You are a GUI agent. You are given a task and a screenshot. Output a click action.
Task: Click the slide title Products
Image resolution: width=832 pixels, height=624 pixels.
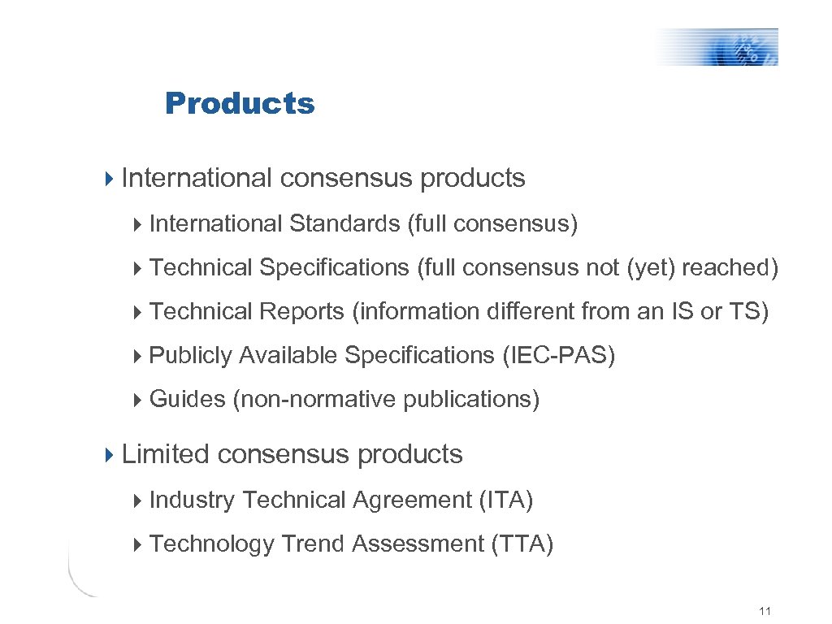tap(239, 104)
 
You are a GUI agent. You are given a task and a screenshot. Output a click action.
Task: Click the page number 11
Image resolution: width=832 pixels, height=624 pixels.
tap(764, 611)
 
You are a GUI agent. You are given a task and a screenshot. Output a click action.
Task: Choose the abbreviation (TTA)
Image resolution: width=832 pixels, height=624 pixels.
tap(522, 544)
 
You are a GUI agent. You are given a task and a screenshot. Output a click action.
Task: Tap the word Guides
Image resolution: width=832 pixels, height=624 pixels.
tap(188, 399)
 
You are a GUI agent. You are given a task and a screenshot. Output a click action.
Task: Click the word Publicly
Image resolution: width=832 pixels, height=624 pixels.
tap(191, 355)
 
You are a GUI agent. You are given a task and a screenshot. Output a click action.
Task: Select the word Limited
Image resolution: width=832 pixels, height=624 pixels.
tap(166, 454)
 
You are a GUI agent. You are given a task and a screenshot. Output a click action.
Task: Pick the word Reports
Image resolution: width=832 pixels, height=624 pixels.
tap(301, 311)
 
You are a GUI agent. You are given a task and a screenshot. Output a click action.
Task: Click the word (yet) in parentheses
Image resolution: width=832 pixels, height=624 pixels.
tap(651, 267)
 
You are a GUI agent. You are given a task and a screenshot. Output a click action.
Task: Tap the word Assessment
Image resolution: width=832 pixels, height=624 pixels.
tap(418, 544)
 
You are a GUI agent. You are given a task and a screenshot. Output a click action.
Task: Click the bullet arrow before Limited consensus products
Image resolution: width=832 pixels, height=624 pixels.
tap(111, 454)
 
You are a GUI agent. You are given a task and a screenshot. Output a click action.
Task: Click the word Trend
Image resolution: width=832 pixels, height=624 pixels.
tap(313, 544)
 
